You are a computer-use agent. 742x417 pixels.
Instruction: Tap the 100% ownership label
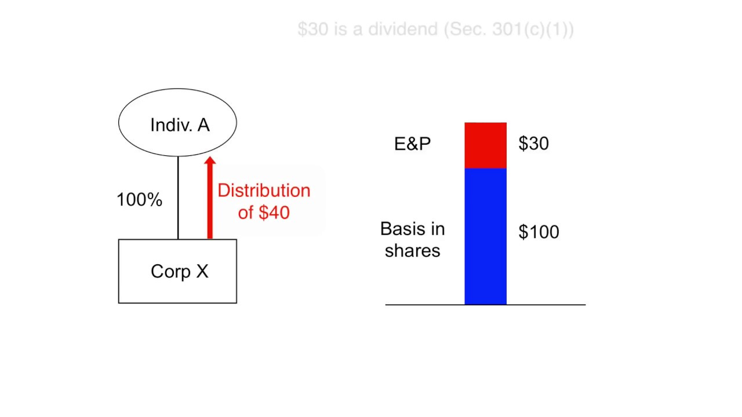[139, 200]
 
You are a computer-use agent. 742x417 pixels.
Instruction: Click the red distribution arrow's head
[210, 162]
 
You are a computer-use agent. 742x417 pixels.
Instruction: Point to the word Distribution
[264, 191]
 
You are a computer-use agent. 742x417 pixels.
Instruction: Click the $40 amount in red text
[274, 213]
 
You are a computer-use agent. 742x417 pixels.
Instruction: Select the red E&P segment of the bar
[485, 145]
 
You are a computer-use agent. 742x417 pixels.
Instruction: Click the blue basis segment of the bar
[485, 236]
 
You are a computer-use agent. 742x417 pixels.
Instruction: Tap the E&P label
[412, 144]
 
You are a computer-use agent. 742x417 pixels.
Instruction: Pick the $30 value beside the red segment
[533, 144]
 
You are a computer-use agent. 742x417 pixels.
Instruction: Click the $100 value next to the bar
[539, 232]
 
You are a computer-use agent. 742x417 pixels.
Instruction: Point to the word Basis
[412, 229]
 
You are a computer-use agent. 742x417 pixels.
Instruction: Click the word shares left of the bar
[412, 251]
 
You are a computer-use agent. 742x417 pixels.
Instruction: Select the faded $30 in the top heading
[312, 30]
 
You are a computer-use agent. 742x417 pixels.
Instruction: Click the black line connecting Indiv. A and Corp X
[178, 197]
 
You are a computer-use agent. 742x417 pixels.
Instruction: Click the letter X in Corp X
[201, 272]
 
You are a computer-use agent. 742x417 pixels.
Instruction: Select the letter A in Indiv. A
[203, 125]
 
